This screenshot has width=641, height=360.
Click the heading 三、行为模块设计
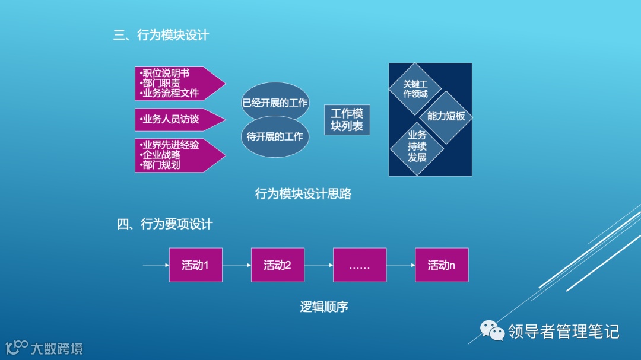click(161, 36)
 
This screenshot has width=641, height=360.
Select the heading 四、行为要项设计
click(164, 224)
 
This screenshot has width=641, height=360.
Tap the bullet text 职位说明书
click(166, 74)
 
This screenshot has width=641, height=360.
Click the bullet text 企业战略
click(161, 155)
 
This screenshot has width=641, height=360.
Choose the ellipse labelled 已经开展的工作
click(275, 103)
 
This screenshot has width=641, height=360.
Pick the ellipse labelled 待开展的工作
click(275, 137)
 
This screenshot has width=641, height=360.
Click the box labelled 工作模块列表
click(347, 120)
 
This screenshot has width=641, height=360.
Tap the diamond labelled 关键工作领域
click(415, 88)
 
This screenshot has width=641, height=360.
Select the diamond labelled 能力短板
click(446, 116)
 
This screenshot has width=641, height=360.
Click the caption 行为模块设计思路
click(303, 194)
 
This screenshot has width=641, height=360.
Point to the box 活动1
click(195, 265)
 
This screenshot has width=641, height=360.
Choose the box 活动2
click(277, 265)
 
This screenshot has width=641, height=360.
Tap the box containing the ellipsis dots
click(360, 265)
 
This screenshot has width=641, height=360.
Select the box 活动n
click(442, 265)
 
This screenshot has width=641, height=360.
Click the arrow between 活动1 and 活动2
click(237, 265)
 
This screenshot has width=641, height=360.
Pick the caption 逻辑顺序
click(323, 307)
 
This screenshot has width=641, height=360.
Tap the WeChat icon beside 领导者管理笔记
click(492, 331)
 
